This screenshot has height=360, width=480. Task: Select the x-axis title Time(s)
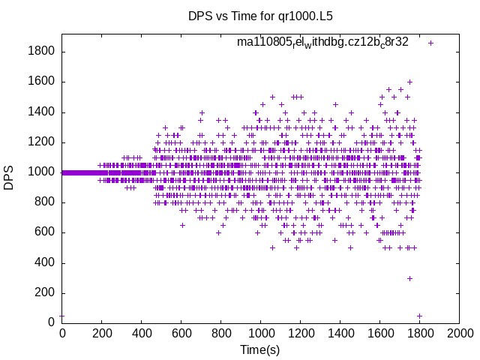coord(260,349)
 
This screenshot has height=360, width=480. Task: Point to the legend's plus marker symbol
coord(430,43)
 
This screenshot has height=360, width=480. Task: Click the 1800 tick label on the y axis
coord(40,52)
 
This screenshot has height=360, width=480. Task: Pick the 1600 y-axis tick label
coord(40,82)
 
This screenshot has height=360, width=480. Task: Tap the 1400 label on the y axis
coord(40,112)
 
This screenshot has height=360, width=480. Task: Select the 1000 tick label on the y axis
coord(40,172)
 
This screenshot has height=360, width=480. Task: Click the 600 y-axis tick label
coord(43,232)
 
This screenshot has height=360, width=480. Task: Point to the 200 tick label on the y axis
coord(43,292)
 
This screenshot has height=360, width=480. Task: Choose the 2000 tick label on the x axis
coord(459,332)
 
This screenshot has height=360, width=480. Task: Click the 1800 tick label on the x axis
coord(419,332)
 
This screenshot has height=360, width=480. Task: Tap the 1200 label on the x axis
coord(300,332)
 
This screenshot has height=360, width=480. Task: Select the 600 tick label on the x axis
coord(181,332)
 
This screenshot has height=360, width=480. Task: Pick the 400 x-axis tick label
coord(141,332)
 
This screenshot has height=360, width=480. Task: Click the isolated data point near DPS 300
coord(409,278)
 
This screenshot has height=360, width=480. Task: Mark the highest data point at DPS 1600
coord(409,82)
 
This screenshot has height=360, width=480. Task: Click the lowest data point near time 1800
coord(419,316)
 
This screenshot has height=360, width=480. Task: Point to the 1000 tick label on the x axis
coord(260,332)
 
